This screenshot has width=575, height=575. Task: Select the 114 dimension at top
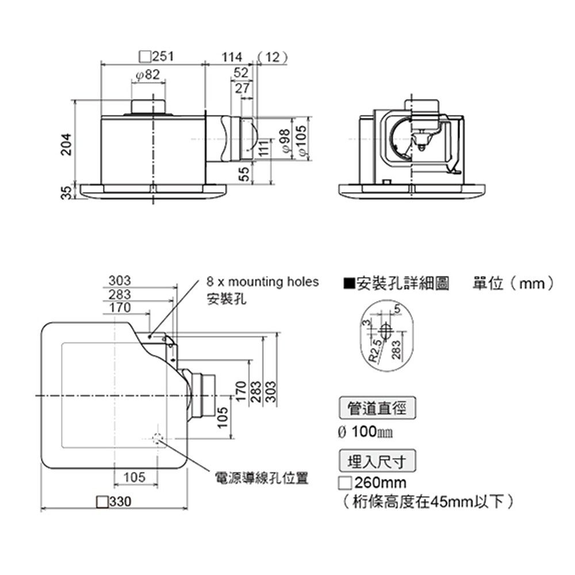click(232, 56)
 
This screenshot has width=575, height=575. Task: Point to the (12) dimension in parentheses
click(273, 56)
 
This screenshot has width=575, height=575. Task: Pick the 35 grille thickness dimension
click(67, 192)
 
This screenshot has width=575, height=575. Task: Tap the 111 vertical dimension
click(263, 148)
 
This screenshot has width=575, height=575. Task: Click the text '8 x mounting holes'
click(262, 282)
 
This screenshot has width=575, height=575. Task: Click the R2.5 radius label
click(375, 350)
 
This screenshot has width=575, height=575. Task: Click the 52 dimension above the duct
click(241, 72)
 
